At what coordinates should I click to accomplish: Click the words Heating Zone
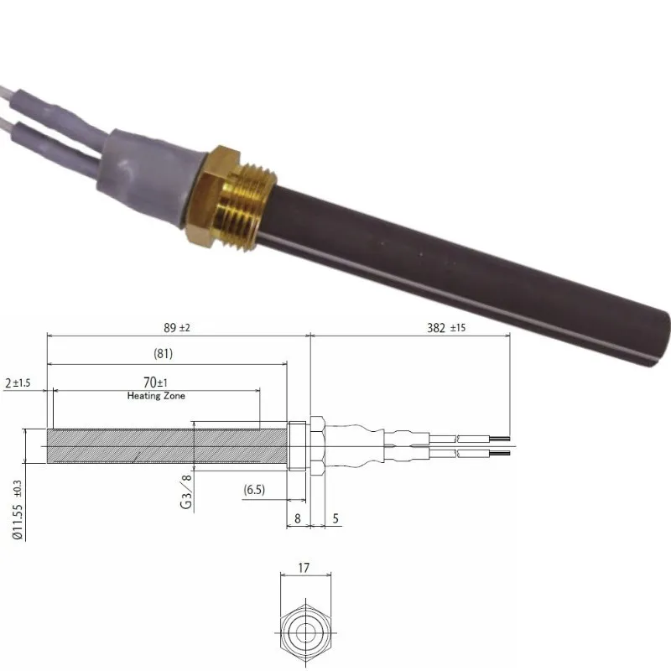coord(156,395)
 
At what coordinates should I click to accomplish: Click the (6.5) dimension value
coord(255,489)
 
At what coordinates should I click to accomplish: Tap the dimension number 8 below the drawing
coord(297,519)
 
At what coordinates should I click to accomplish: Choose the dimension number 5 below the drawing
coord(335,519)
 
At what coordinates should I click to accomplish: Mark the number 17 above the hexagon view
coord(304,568)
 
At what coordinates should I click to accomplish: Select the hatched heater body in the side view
coord(168,445)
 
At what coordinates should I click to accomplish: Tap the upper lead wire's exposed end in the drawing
coord(499,438)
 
